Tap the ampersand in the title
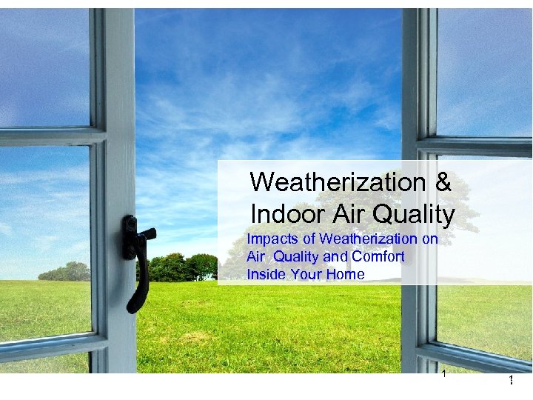(x=437, y=181)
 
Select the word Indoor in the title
(x=286, y=214)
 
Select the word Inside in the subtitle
(x=264, y=275)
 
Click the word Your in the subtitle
(x=306, y=275)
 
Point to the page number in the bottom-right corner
(x=511, y=380)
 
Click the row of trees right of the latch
(x=181, y=267)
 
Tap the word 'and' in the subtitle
(x=332, y=257)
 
